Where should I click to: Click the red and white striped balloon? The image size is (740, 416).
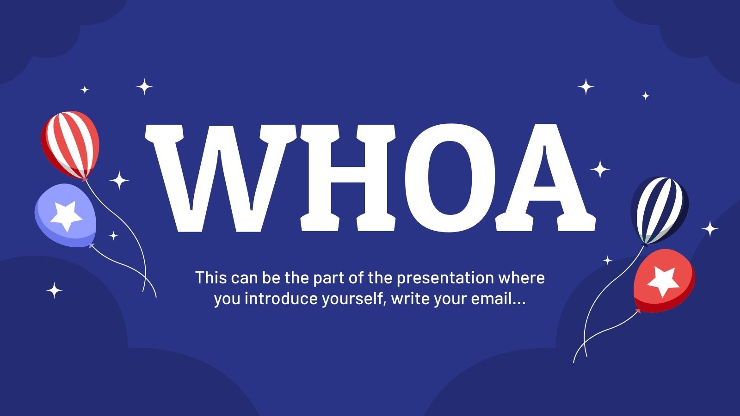coord(70,143)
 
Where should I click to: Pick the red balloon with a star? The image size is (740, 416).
coord(664,279)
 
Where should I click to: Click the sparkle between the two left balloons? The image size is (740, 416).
coord(119,180)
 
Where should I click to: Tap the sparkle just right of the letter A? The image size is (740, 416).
coord(600,169)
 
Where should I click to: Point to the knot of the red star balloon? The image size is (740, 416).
coord(639,311)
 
